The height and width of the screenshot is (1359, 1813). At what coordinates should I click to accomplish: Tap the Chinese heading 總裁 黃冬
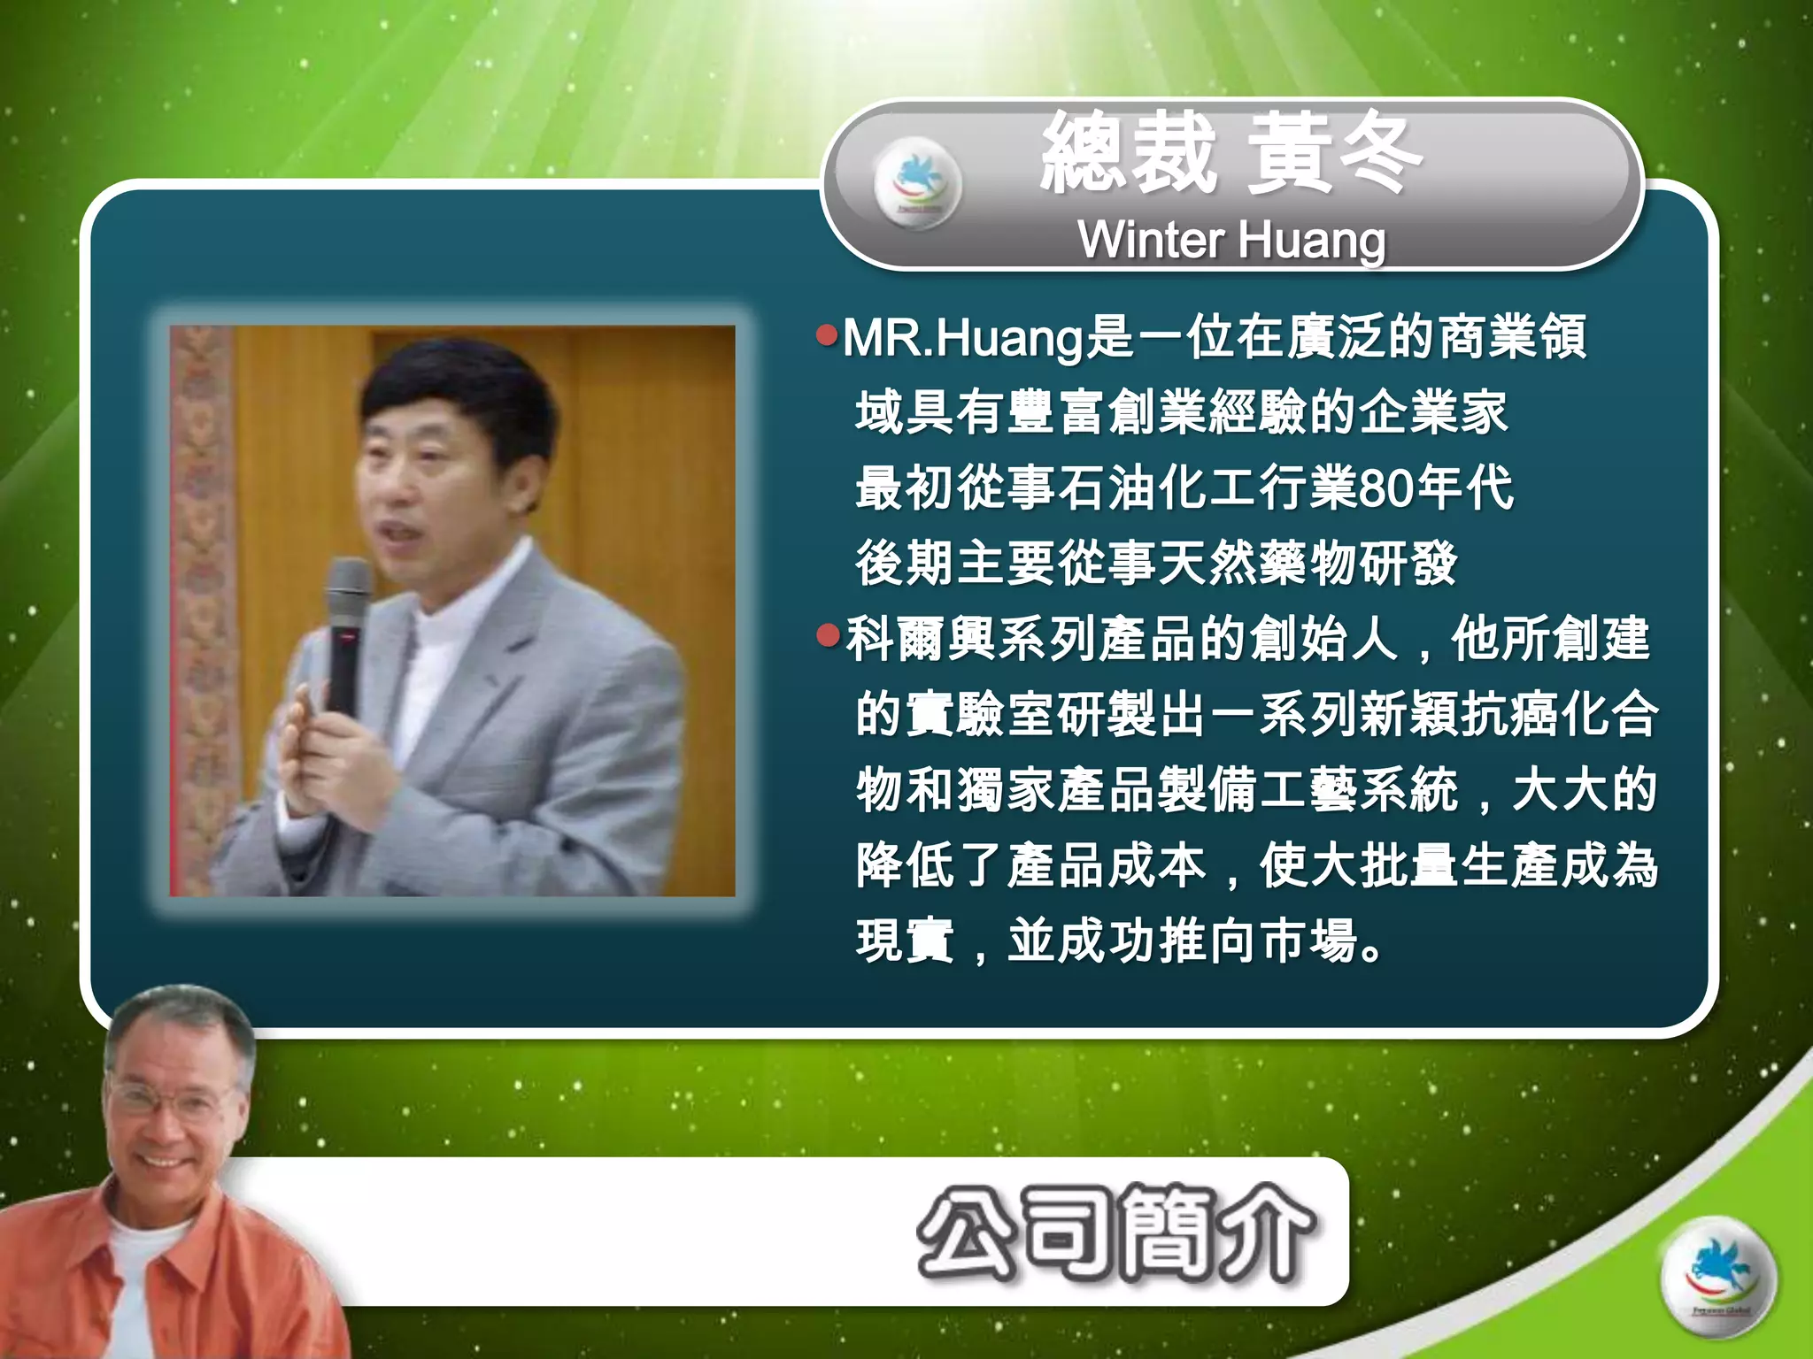[1231, 156]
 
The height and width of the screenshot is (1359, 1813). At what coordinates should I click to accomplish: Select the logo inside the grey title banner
[917, 183]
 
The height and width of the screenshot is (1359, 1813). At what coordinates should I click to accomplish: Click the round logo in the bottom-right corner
[1717, 1278]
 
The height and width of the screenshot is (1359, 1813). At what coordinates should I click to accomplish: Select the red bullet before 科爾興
[827, 635]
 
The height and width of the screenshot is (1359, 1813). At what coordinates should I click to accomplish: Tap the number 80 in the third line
[1386, 488]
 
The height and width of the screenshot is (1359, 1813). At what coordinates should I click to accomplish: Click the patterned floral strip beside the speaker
[202, 610]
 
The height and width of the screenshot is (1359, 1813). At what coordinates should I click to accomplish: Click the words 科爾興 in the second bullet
[921, 639]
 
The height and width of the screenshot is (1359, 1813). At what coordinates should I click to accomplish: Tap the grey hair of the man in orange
[177, 1017]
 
